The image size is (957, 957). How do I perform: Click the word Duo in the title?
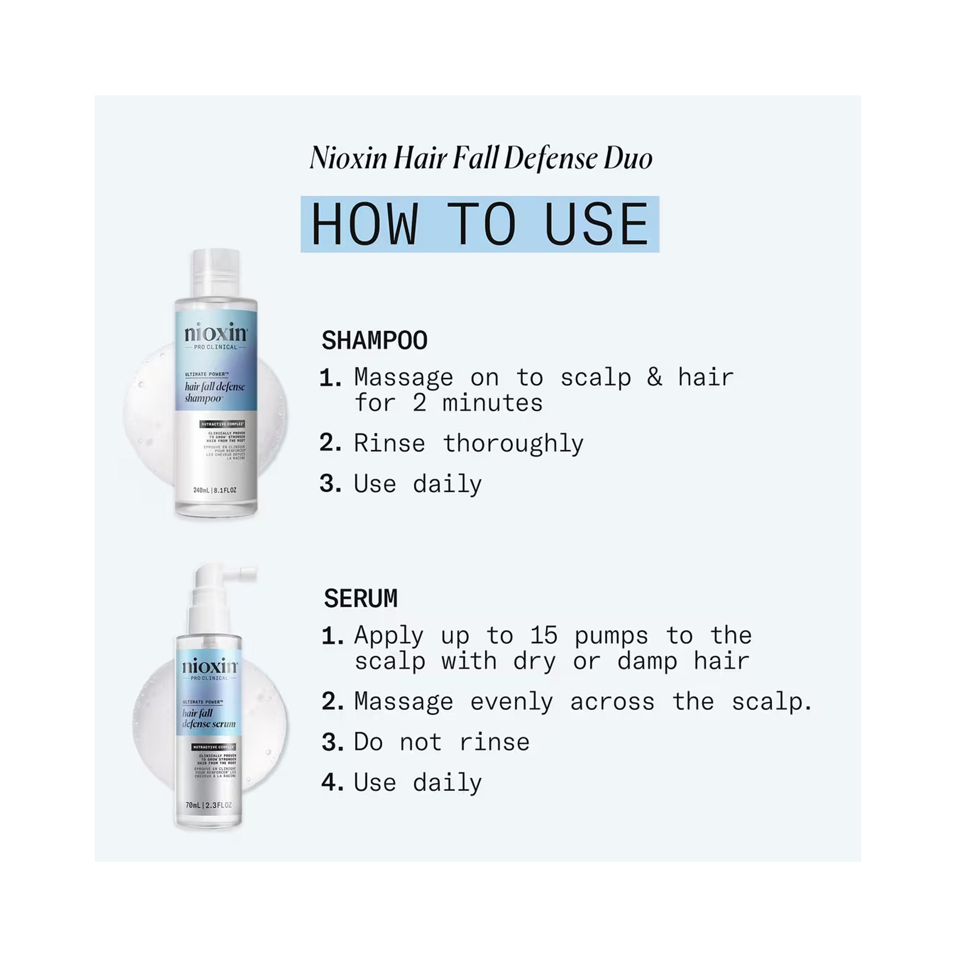[x=627, y=158]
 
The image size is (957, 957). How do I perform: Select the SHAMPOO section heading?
[x=375, y=341]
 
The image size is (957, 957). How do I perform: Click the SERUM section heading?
[x=361, y=599]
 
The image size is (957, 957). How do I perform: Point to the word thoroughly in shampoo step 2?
[x=512, y=444]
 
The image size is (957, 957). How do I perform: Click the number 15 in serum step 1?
[x=544, y=635]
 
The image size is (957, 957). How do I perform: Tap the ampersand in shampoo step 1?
[x=654, y=378]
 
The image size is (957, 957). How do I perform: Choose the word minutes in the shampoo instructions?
[x=492, y=403]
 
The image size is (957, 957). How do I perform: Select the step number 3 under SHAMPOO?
[x=330, y=483]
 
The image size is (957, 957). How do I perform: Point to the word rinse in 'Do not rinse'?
[x=494, y=742]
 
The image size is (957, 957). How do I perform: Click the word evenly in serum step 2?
[x=511, y=702]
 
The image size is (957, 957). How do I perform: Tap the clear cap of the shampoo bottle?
[x=216, y=273]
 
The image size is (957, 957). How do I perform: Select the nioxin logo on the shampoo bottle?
[x=215, y=334]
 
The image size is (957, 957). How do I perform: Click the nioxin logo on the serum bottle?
[x=210, y=666]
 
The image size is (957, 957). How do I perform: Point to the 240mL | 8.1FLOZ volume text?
[x=214, y=490]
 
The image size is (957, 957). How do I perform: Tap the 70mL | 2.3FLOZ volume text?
[x=209, y=805]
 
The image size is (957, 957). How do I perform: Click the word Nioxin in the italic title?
[x=348, y=158]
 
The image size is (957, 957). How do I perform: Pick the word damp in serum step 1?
[x=646, y=662]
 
